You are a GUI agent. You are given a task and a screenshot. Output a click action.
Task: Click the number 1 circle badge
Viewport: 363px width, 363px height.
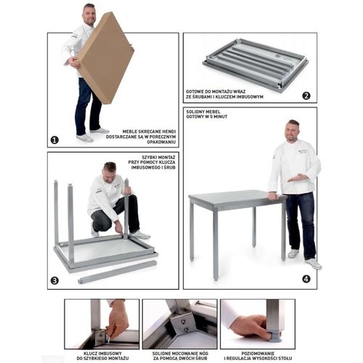click(x=54, y=139)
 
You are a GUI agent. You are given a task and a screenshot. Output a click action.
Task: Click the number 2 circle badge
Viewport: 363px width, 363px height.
click(x=306, y=96)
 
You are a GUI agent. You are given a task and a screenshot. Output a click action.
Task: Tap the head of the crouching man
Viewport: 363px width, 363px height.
click(x=110, y=172)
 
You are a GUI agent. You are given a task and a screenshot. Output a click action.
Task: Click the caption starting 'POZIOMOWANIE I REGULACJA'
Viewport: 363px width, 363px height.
click(x=257, y=352)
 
